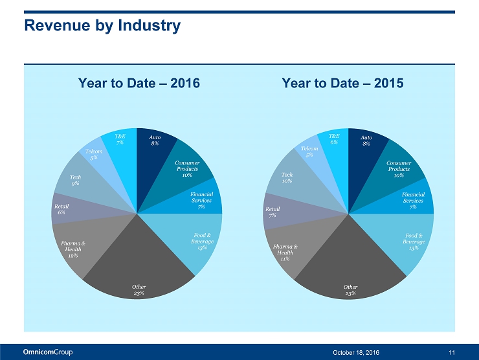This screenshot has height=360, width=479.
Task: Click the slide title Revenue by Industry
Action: click(102, 26)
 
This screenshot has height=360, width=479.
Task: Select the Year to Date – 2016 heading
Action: click(139, 84)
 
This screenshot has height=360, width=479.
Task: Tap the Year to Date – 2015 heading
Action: click(342, 84)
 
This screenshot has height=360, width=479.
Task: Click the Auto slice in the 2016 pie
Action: click(153, 144)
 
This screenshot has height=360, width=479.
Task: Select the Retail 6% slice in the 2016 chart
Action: click(63, 209)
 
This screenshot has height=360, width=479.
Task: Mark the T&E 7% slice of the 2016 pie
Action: click(121, 142)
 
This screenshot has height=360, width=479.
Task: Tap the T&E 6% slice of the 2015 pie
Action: click(335, 141)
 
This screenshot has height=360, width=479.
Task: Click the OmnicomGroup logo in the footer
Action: click(48, 352)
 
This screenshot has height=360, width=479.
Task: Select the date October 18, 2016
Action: click(356, 352)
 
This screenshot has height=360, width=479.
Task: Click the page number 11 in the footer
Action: click(451, 352)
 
